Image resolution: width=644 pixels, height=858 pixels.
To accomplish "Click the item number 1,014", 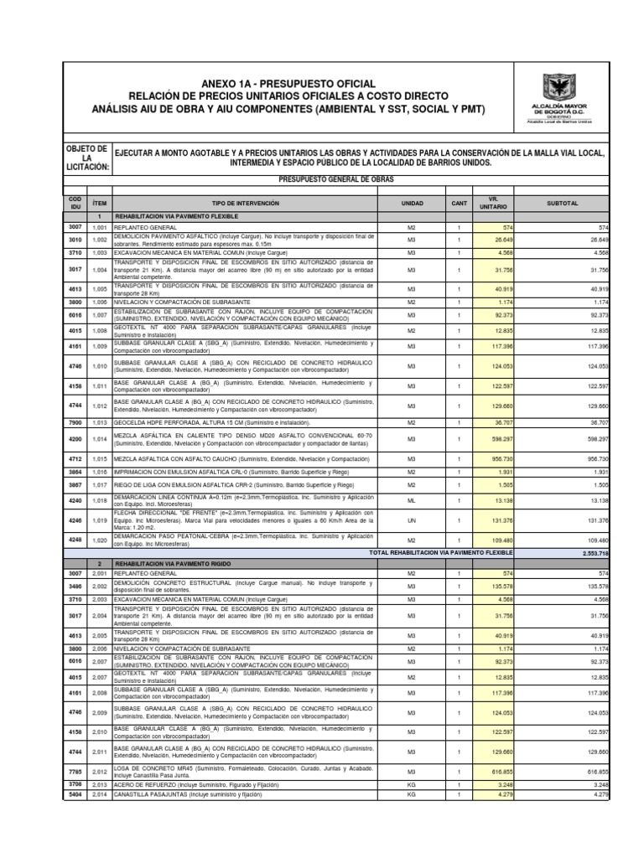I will click(x=100, y=438).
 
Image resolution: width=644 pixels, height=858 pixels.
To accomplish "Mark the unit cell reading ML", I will click(x=412, y=499).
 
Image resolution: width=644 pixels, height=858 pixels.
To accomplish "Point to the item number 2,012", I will click(x=100, y=771).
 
